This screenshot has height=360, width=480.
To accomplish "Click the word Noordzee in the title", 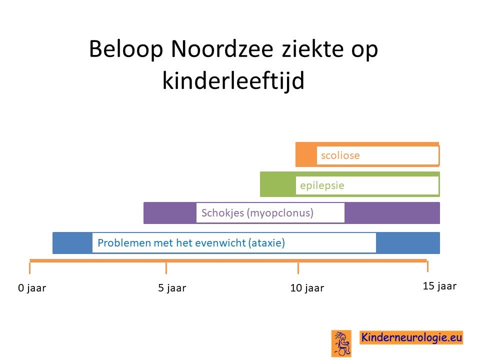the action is click(222, 48).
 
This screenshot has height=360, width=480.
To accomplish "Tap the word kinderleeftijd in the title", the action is click(233, 80).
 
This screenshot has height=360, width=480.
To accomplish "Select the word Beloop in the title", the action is click(126, 49).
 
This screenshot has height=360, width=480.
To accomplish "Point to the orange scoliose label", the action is click(340, 155).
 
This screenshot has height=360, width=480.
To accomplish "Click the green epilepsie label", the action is click(322, 185).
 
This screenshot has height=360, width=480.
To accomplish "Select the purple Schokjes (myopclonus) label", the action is click(257, 213).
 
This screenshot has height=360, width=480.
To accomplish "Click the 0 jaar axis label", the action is click(32, 288).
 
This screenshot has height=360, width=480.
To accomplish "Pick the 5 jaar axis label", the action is click(172, 288).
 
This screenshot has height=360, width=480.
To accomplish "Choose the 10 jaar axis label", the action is click(307, 288).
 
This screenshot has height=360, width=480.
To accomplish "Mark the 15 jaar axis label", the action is click(439, 286).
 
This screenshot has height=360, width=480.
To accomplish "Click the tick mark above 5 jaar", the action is click(166, 268).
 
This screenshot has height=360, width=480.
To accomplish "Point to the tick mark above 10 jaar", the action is click(298, 268).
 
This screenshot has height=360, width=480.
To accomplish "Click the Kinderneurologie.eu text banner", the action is click(411, 337).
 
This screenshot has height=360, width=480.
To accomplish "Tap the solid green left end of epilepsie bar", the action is click(278, 184).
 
